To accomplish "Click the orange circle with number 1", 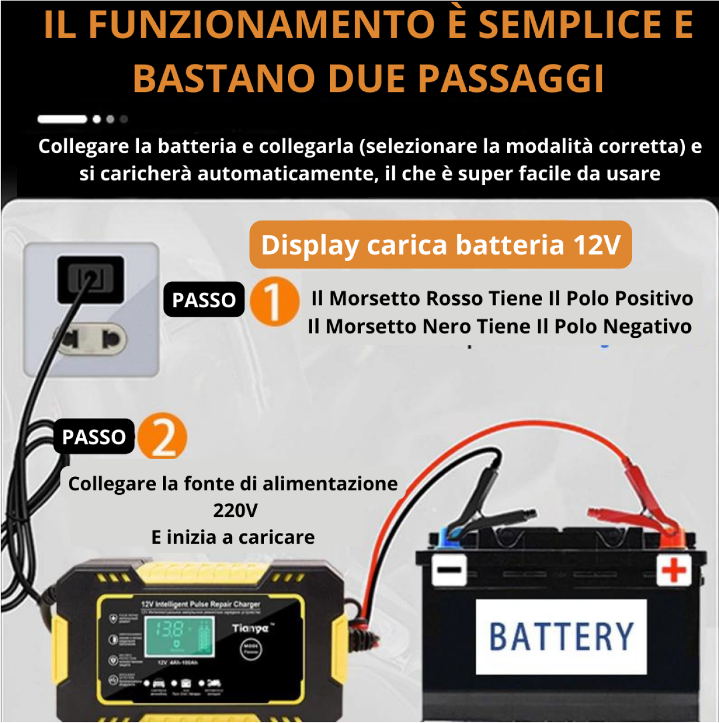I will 273,302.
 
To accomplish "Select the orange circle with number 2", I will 163,437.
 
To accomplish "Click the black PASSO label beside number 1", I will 204,300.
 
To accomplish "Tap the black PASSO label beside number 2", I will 94,437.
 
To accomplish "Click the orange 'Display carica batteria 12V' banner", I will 440,245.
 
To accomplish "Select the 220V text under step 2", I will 235,510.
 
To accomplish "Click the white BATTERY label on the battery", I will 561,636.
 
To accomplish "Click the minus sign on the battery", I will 449,570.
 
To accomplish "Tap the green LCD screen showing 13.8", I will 180,638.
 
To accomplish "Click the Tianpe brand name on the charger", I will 251,628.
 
